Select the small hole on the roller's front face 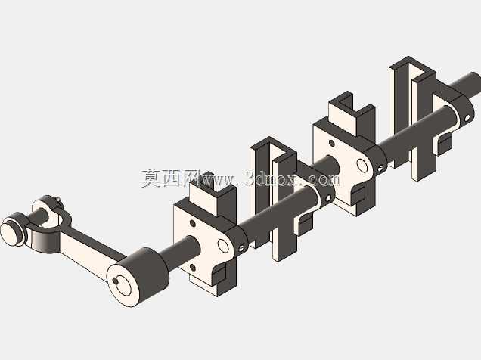116,281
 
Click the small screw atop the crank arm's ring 59,200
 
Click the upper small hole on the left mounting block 193,223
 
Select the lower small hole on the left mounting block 193,268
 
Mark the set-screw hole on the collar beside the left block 242,247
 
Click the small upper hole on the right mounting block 331,143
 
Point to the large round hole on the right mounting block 362,166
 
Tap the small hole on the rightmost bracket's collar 467,118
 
